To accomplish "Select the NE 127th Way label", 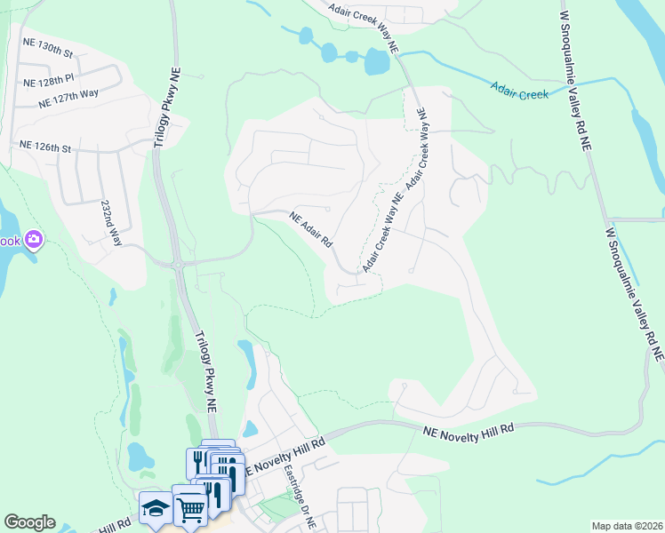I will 65,101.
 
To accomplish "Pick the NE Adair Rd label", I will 311,228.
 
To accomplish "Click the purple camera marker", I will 34,239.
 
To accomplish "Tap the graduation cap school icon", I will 155,508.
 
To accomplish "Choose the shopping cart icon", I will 190,510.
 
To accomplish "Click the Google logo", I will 29,522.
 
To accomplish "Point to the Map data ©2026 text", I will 627,526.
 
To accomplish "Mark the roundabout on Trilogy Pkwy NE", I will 179,264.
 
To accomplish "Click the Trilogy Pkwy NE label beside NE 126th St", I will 164,110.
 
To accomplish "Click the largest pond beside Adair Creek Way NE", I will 377,61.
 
